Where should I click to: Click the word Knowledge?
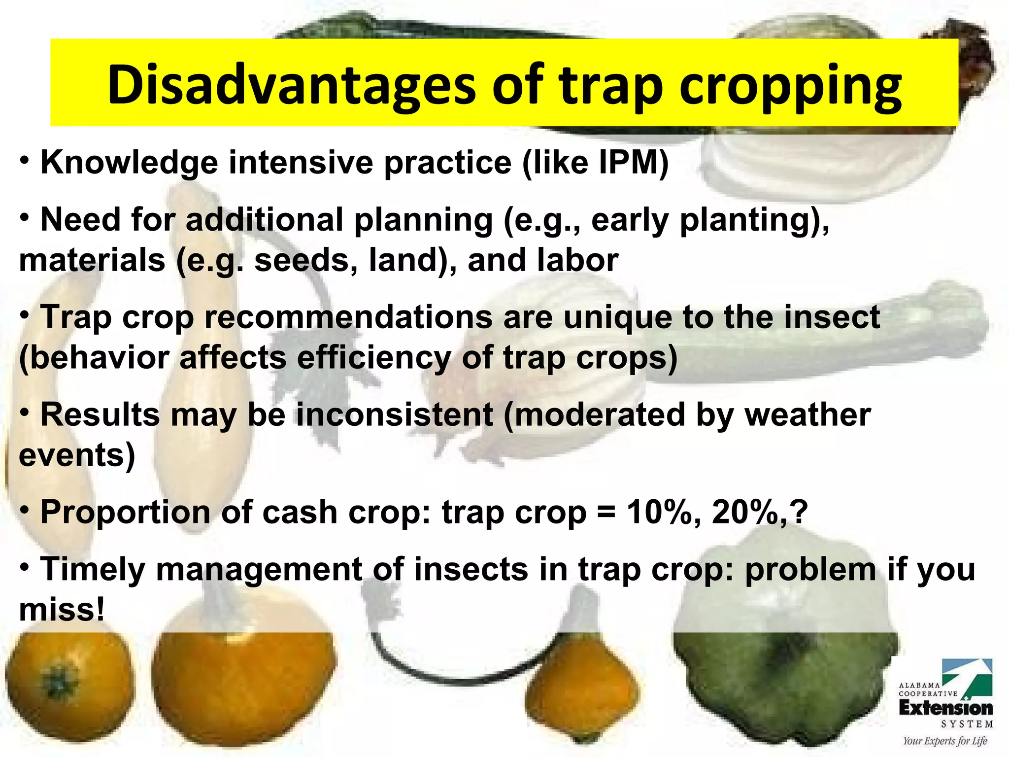tap(129, 163)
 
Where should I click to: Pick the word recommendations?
tap(348, 317)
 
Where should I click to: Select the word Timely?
tap(92, 570)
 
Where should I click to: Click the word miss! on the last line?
tap(62, 610)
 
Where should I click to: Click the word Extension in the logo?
tap(945, 709)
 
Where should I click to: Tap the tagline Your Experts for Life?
tap(945, 741)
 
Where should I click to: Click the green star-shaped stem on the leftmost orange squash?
tap(58, 685)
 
